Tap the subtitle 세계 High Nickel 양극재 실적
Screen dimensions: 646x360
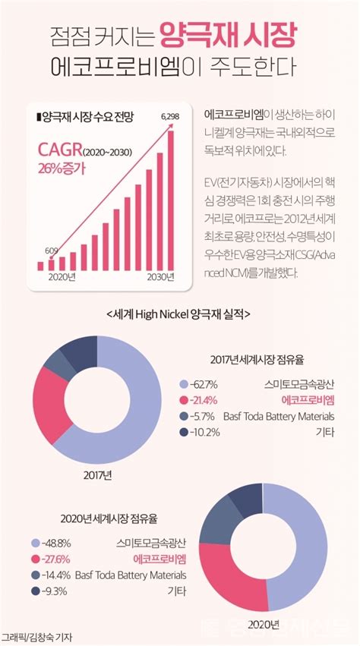point(179,314)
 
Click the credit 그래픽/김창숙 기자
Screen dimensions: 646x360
point(41,637)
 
